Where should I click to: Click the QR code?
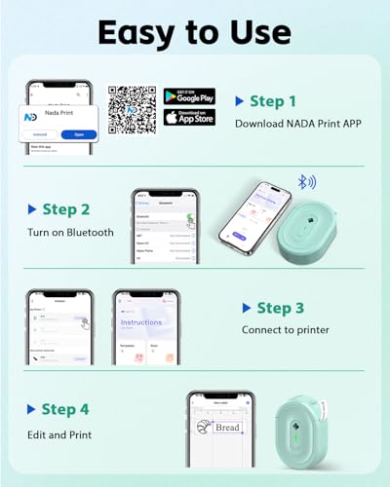[132, 109]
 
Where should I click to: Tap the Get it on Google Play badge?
[189, 97]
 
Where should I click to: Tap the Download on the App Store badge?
[189, 118]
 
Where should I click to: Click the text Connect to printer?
[284, 330]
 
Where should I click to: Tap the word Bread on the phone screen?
[227, 427]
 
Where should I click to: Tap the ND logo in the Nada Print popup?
[34, 114]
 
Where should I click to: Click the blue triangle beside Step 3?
[246, 308]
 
